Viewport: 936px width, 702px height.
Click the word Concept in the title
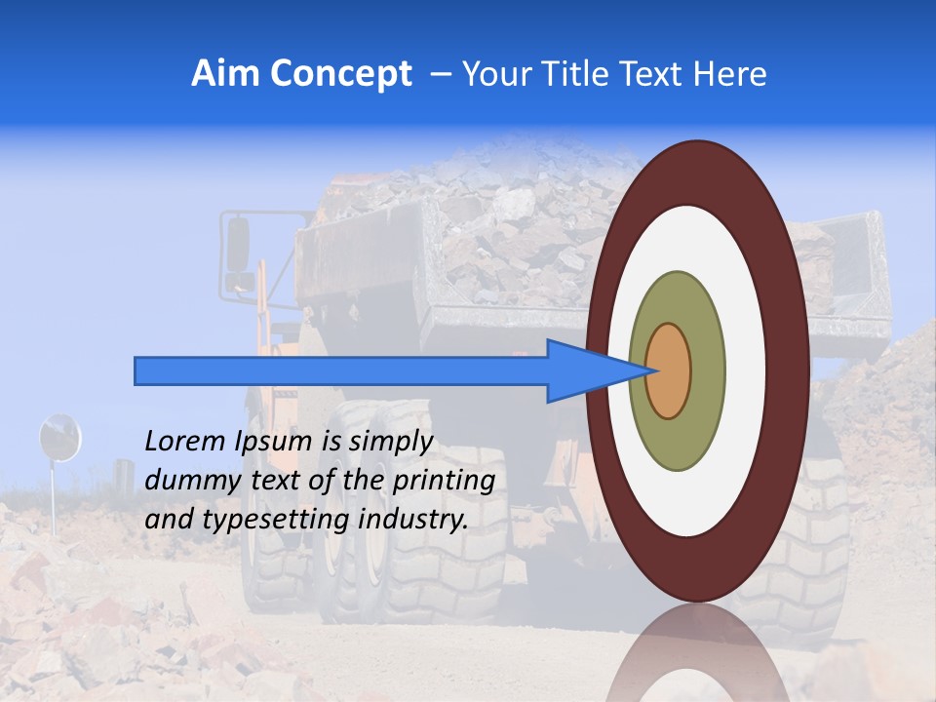point(340,74)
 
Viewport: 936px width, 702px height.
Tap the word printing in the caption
point(443,481)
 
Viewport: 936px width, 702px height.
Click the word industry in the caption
point(413,520)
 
